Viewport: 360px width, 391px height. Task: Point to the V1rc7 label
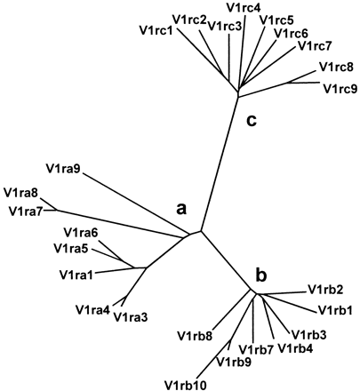click(x=315, y=46)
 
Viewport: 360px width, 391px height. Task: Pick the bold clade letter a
click(x=181, y=209)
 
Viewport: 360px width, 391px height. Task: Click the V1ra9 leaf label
click(x=64, y=165)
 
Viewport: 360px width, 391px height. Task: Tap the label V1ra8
click(x=20, y=192)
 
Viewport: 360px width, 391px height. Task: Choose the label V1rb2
click(x=325, y=290)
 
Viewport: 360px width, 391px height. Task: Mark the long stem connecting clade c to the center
click(x=220, y=160)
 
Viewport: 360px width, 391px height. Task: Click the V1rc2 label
click(x=191, y=19)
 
